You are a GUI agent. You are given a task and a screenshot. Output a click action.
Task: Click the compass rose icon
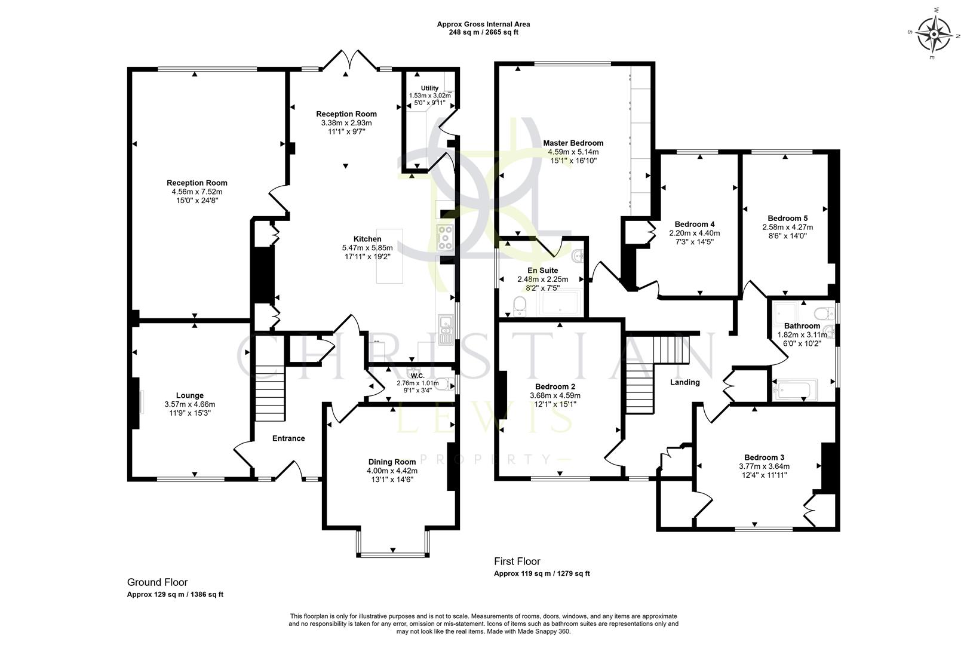[934, 33]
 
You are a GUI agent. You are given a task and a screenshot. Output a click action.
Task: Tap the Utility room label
[429, 88]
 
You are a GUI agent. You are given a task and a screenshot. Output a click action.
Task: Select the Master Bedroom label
[573, 143]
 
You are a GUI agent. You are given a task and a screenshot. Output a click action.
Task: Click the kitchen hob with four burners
[446, 237]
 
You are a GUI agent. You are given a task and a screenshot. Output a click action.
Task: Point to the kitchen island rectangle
[389, 256]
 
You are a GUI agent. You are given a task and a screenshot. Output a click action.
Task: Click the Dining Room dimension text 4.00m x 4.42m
[392, 471]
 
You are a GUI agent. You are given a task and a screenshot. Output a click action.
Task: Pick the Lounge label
[189, 395]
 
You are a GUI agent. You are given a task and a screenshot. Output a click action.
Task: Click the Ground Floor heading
[157, 582]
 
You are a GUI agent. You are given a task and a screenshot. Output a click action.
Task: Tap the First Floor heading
[517, 561]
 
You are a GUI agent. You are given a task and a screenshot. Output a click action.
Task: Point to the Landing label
[684, 382]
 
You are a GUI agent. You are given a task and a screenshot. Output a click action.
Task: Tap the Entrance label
[288, 438]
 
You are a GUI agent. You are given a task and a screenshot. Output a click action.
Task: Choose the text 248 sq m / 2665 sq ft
[483, 32]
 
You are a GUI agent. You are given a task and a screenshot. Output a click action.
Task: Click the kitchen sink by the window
[445, 329]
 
